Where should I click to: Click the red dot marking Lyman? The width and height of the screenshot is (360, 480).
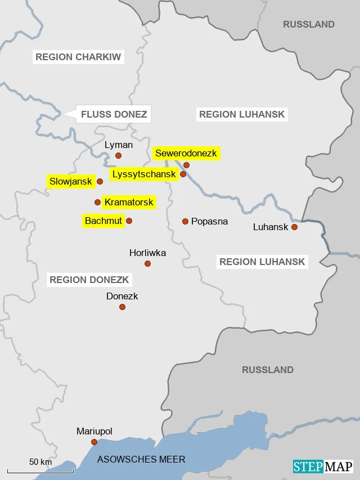[118, 155]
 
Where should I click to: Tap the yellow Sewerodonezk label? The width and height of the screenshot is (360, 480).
[186, 153]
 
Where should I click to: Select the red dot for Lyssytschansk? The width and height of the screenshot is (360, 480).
[183, 174]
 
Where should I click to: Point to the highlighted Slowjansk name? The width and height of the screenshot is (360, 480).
[70, 181]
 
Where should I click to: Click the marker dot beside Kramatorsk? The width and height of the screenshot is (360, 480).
[97, 202]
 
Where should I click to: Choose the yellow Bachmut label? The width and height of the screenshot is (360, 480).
[103, 221]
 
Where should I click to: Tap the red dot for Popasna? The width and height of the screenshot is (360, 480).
[185, 221]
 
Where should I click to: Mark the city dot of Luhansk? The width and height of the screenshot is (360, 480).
[294, 227]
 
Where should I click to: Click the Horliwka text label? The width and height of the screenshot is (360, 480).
[147, 253]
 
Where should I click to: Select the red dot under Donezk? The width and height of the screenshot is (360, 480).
[122, 307]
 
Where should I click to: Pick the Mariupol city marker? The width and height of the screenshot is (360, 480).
[94, 442]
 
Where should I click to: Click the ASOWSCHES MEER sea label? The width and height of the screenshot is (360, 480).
[141, 460]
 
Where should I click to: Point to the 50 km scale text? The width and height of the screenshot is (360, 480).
[40, 462]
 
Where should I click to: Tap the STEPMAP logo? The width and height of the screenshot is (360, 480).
[323, 466]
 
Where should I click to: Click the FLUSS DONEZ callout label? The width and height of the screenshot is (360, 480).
[114, 115]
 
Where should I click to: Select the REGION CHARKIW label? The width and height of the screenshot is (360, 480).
[78, 57]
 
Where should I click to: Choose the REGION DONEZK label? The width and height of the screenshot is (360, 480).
[89, 280]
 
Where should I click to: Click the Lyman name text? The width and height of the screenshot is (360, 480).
[119, 145]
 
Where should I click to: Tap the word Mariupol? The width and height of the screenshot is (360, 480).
[94, 432]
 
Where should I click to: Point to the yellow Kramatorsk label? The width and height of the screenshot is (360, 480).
[129, 202]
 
